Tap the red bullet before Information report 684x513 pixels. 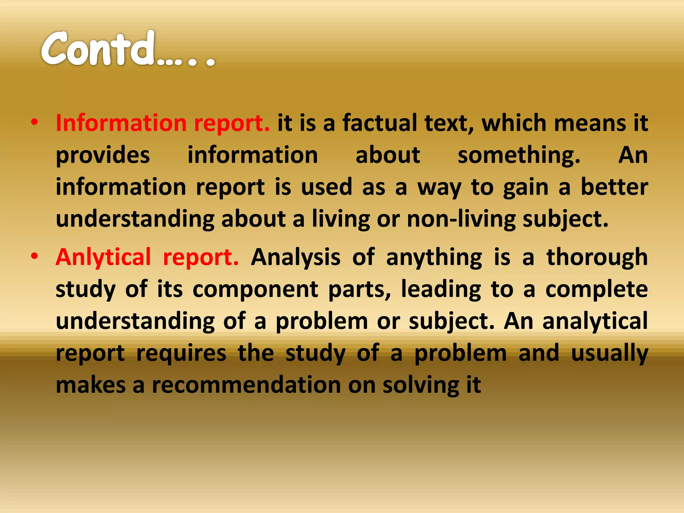[34, 122]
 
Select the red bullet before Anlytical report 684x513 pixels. [34, 256]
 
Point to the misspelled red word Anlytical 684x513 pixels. [103, 257]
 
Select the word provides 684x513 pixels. [103, 156]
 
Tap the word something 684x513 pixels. [519, 156]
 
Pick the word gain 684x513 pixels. [526, 188]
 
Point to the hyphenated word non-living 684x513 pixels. [461, 220]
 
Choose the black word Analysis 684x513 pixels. [296, 257]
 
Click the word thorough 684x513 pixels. [597, 257]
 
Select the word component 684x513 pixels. [255, 289]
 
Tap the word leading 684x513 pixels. [441, 289]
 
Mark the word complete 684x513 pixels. [596, 289]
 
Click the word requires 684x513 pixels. [181, 353]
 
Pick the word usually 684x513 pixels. [610, 353]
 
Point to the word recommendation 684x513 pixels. [246, 385]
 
